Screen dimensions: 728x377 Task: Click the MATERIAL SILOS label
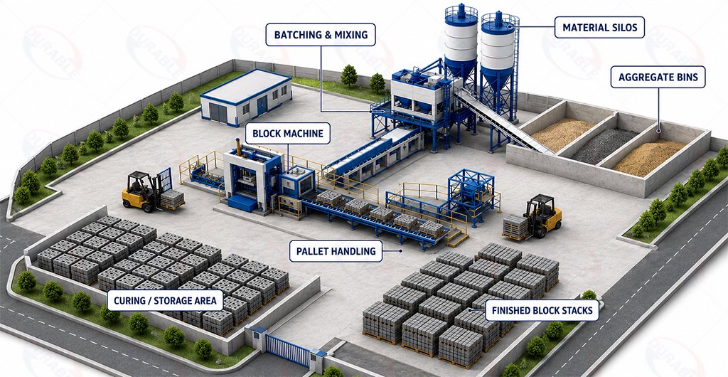pyautogui.click(x=599, y=28)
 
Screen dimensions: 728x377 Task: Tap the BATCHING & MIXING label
pyautogui.click(x=321, y=35)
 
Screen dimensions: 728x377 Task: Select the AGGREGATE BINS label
pyautogui.click(x=658, y=77)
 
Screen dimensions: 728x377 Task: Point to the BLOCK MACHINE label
pyautogui.click(x=288, y=134)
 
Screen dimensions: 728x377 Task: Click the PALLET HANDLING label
pyautogui.click(x=336, y=251)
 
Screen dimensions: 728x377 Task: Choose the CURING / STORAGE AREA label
pyautogui.click(x=165, y=301)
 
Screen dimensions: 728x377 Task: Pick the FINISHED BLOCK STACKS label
pyautogui.click(x=542, y=310)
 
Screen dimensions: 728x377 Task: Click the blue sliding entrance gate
pyautogui.click(x=288, y=350)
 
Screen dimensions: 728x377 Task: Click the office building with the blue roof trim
pyautogui.click(x=246, y=97)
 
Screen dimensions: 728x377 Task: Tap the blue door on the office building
pyautogui.click(x=262, y=105)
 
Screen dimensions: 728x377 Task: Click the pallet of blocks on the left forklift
pyautogui.click(x=172, y=199)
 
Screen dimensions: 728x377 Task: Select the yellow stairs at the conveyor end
pyautogui.click(x=457, y=235)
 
